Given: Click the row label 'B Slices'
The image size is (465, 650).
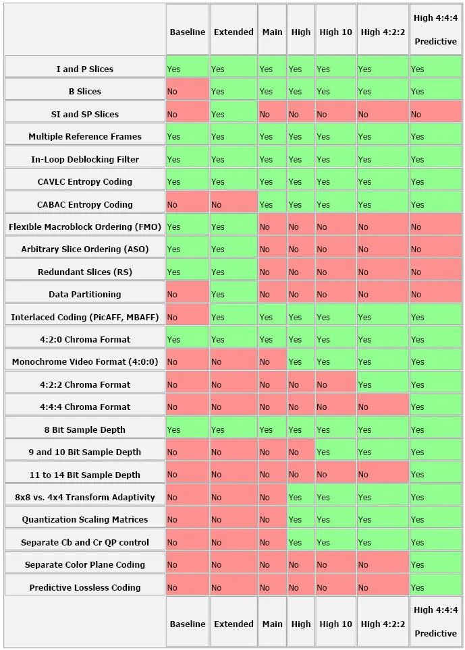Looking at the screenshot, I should tap(84, 91).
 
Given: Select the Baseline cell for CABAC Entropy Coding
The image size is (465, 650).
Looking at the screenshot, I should tap(187, 204).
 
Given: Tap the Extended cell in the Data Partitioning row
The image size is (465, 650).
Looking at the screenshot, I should tap(234, 294).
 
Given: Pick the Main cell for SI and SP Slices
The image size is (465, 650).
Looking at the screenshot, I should tap(272, 114).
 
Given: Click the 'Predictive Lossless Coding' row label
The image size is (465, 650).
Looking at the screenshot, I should tap(84, 587).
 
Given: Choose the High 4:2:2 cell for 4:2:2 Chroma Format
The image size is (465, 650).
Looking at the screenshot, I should tap(383, 384).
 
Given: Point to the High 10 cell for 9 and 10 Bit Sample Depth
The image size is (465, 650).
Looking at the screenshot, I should tap(335, 452).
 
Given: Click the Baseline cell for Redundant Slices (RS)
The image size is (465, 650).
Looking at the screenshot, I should tap(187, 272).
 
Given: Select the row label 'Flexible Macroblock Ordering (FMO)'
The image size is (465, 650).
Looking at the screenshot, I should tap(84, 227).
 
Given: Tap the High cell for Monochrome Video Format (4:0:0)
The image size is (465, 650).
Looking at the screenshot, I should tap(301, 361).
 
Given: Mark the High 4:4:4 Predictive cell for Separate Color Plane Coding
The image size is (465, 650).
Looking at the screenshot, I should tap(435, 564).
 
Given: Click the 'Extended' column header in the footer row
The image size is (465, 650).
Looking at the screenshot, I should tap(234, 624).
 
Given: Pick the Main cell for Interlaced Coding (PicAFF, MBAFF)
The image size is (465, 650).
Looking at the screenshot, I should tap(272, 316).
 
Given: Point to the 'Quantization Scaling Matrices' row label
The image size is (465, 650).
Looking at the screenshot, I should tap(84, 519).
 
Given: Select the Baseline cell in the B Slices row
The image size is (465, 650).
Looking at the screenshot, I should tap(187, 91).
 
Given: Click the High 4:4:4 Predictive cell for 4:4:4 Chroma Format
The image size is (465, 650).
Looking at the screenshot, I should tap(435, 407).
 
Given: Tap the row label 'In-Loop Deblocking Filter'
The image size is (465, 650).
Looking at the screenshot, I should tap(84, 159).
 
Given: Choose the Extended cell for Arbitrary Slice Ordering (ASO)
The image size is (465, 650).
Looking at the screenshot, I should tap(234, 249).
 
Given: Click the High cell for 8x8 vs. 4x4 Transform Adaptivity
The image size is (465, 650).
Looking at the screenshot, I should tap(301, 497).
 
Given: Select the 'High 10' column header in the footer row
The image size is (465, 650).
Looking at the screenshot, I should tap(335, 624).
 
